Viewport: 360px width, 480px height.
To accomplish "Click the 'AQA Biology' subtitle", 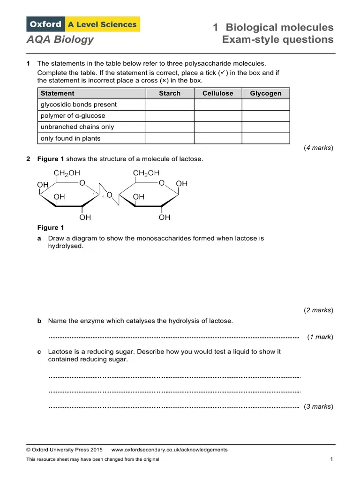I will click(60, 39).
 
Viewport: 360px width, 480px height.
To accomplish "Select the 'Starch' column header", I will click(170, 93).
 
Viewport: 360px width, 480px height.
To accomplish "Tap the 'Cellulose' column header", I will click(217, 93).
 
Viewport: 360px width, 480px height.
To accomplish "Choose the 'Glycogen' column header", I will click(266, 93).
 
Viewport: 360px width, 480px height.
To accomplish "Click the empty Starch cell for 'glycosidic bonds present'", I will click(170, 105).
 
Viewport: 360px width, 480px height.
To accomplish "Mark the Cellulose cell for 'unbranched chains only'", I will click(217, 127).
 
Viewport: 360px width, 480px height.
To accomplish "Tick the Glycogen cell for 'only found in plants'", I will click(266, 138).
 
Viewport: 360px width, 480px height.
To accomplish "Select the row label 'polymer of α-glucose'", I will click(73, 116).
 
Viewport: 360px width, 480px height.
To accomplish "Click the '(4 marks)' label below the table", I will click(319, 148).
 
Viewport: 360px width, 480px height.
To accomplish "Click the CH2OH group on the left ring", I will click(67, 173).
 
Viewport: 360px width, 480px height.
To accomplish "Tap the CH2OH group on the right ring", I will click(146, 173).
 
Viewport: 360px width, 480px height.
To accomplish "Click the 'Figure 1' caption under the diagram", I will click(50, 228).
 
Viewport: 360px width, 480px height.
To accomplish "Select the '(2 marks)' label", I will click(319, 310).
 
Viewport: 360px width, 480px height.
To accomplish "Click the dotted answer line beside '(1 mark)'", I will click(174, 337).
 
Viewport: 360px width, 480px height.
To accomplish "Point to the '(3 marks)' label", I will click(319, 406).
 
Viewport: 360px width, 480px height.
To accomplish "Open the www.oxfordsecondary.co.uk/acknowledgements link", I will click(169, 450).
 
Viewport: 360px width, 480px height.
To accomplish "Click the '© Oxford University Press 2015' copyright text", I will click(65, 450).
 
